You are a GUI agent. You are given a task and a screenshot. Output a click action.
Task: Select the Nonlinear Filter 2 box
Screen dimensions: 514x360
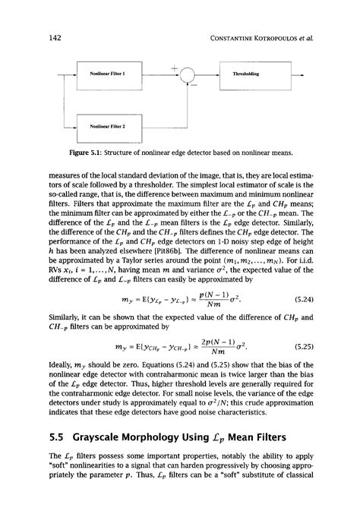[x=107, y=127]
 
